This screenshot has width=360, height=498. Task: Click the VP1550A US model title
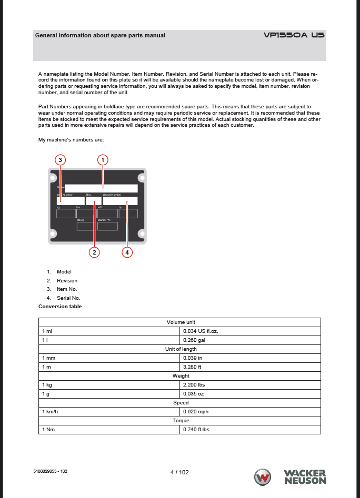point(294,35)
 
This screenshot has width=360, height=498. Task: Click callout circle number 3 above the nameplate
point(61,159)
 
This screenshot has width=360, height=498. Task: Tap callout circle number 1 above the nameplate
point(103,159)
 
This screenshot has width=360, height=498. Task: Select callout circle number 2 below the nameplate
point(94,252)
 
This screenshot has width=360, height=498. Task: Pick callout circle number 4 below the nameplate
point(127,252)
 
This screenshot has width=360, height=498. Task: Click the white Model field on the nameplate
point(101,188)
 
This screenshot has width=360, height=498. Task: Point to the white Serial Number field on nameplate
point(120,201)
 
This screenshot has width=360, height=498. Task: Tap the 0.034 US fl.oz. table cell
point(250,331)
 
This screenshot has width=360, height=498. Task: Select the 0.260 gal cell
point(250,340)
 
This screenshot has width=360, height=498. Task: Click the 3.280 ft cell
point(250,367)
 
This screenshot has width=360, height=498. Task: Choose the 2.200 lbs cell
point(250,385)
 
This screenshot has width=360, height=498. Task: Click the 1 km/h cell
point(109,412)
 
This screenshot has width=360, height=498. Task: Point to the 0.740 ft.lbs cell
point(250,430)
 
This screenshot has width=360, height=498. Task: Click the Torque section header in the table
point(180,421)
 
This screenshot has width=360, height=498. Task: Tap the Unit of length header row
point(180,349)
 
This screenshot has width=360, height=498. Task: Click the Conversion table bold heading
point(60,307)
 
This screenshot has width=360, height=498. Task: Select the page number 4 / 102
point(179,472)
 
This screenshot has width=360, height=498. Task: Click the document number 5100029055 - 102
point(50,471)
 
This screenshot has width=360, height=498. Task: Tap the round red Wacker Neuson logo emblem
point(262,477)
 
